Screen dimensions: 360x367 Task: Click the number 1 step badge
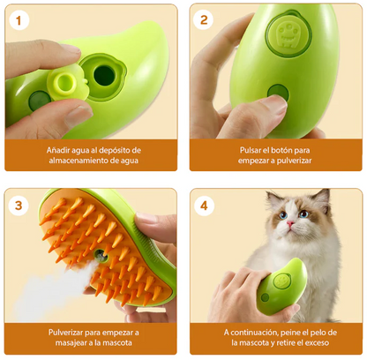[21, 20]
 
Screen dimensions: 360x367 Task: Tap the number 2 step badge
[204, 20]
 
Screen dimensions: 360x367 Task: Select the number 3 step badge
[21, 205]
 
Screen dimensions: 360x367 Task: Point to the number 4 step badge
[204, 205]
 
